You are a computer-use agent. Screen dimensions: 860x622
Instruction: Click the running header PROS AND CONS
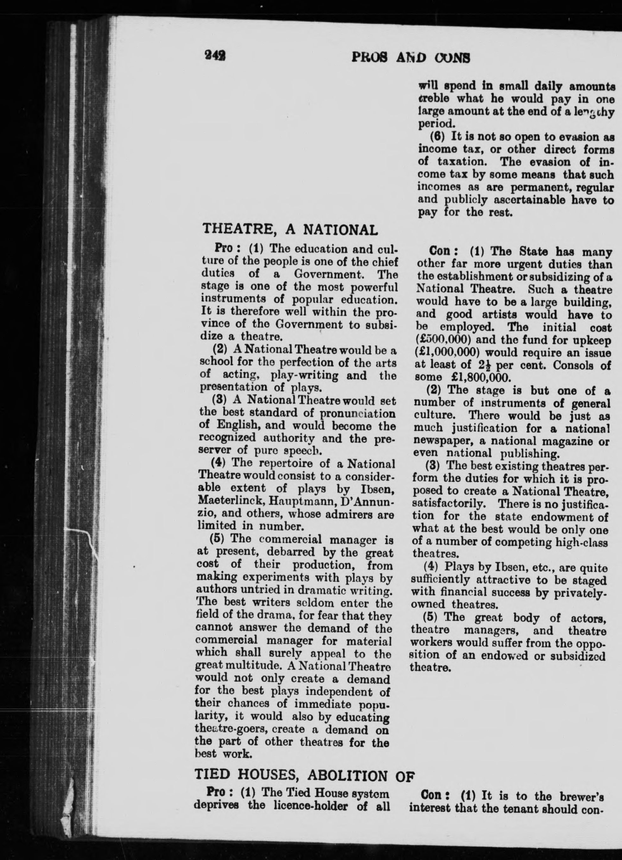pyautogui.click(x=411, y=57)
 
